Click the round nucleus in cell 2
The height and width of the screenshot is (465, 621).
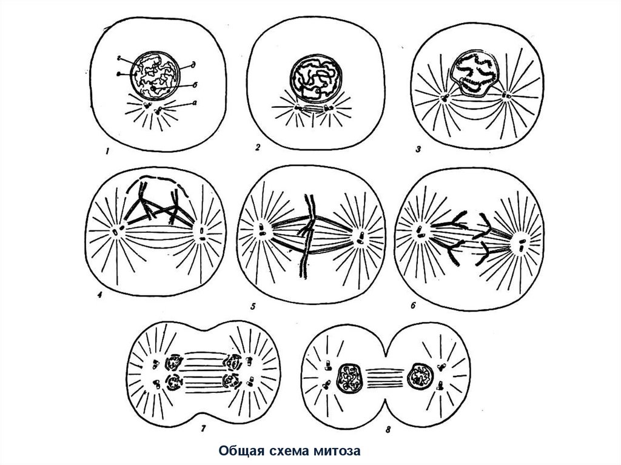click(x=314, y=78)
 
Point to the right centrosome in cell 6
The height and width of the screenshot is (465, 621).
click(x=519, y=244)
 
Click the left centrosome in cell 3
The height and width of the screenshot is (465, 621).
click(x=444, y=97)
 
